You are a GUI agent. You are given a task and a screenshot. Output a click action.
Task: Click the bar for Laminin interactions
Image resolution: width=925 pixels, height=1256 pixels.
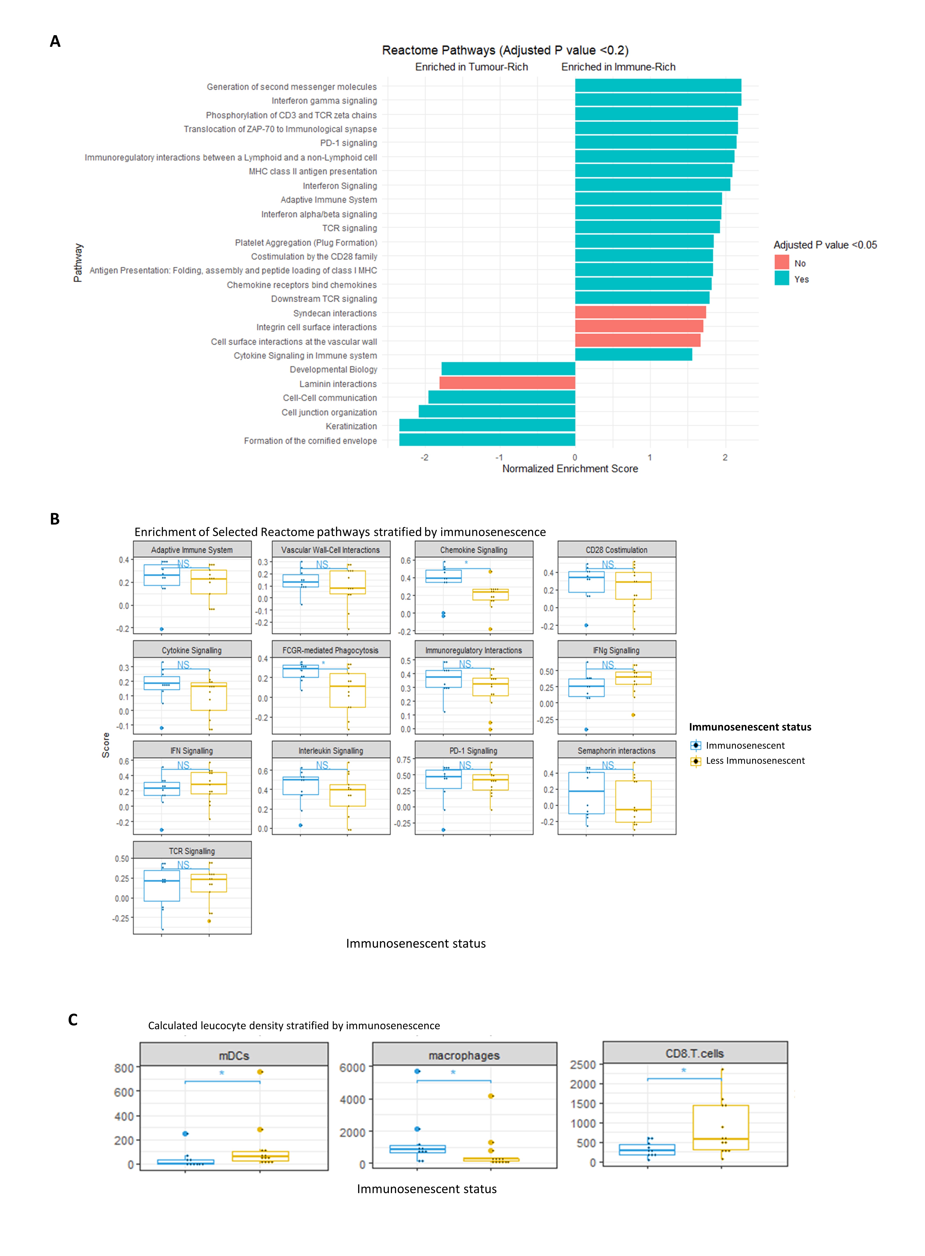507,383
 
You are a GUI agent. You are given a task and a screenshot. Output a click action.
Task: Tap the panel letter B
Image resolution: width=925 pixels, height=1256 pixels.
55,519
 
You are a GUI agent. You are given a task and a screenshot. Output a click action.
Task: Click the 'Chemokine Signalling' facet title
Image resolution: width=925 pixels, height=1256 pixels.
474,550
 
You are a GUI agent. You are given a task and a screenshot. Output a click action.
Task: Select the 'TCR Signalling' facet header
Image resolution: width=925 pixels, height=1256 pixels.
192,851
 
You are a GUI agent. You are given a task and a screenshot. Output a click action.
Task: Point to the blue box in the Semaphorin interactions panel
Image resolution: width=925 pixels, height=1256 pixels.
586,793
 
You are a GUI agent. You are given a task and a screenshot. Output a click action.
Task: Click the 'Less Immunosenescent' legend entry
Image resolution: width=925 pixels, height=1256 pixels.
755,760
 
